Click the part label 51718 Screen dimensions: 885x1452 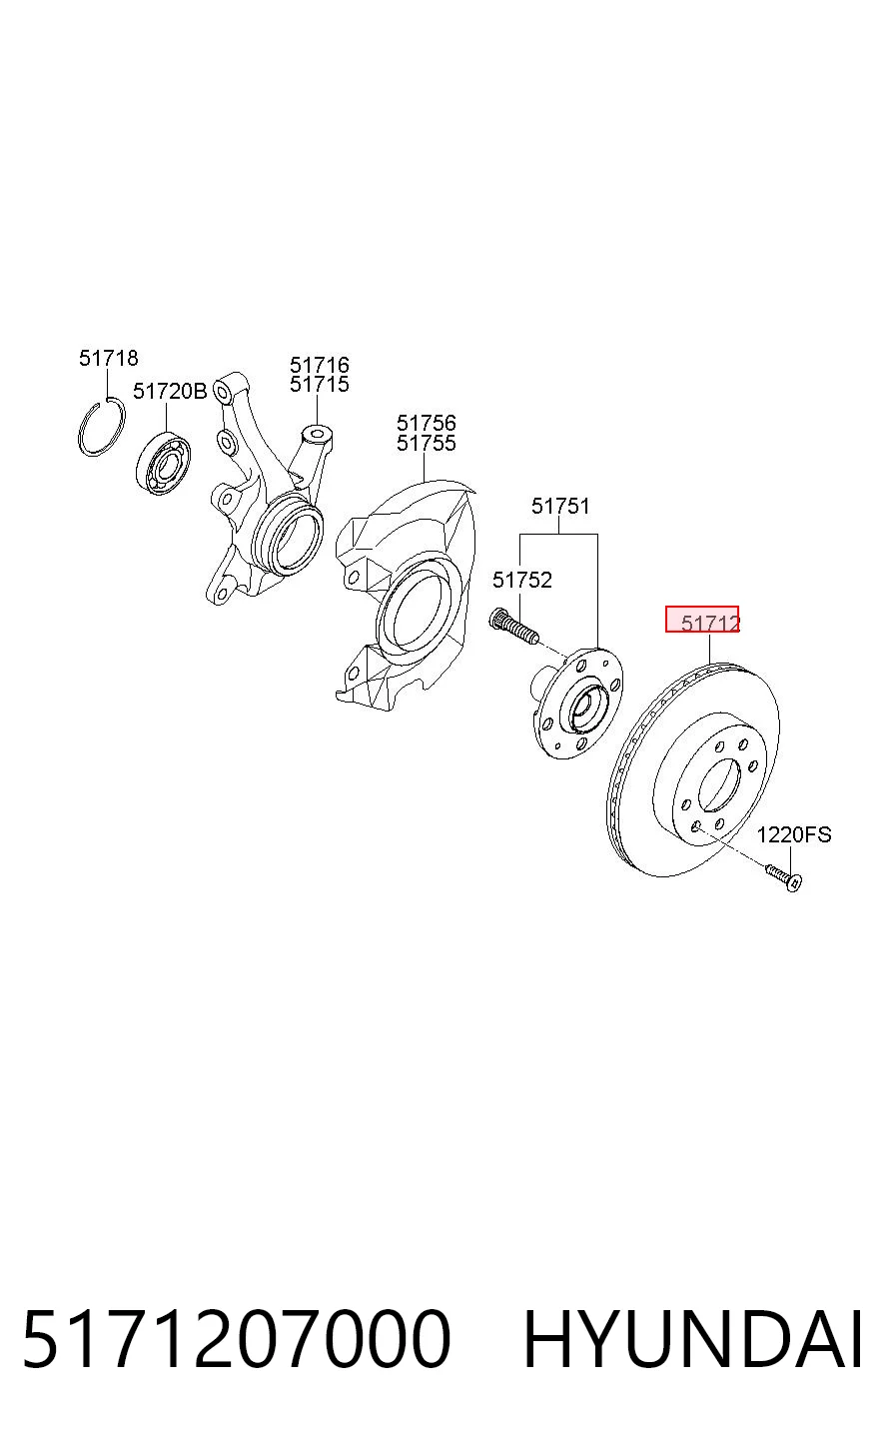coord(109,358)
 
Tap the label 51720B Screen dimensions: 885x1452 coord(170,391)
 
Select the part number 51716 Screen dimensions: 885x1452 coord(320,365)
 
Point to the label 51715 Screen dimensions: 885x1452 coord(320,384)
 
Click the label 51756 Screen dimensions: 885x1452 coord(427,423)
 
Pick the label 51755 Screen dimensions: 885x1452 coord(427,443)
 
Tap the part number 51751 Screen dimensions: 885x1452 coord(560,506)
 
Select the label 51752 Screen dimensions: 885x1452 coord(522,580)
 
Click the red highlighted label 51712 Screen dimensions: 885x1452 coord(702,620)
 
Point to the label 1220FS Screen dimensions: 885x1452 coord(794,834)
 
